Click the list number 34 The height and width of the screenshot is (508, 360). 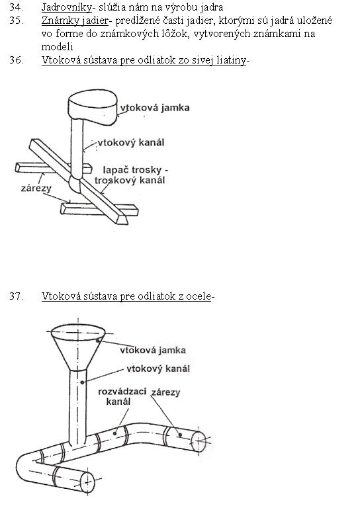16,7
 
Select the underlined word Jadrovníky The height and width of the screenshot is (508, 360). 67,7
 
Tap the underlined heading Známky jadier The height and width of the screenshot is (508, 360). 75,21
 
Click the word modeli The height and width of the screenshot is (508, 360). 57,47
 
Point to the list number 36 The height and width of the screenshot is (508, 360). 16,60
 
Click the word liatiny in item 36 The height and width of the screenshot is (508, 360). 232,60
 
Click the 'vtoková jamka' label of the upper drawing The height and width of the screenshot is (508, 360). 155,108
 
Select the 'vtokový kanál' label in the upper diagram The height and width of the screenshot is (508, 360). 131,143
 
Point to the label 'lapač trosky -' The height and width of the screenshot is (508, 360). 136,170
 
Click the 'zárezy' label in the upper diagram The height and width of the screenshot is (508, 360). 36,189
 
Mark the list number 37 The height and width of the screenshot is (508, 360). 16,296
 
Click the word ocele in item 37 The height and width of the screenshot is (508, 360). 198,296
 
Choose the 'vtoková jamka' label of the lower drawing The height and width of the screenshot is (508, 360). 153,350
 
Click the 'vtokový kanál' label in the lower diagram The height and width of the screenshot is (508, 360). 158,368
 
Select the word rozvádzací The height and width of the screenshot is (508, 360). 122,392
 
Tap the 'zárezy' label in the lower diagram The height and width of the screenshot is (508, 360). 165,392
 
